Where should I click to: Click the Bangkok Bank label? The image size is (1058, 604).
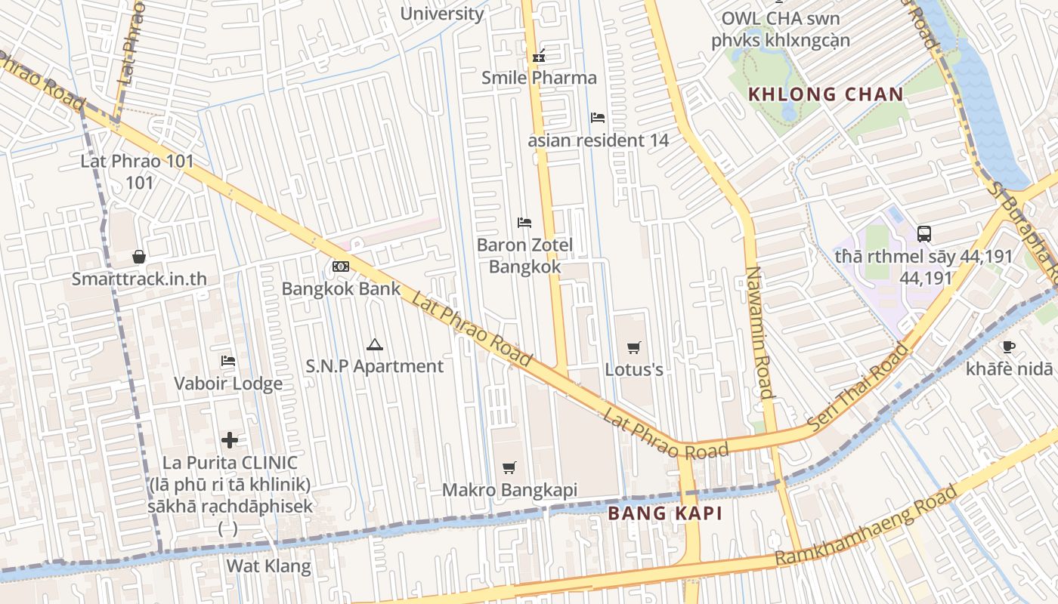click(x=341, y=288)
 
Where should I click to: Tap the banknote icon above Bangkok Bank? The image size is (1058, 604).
click(x=341, y=267)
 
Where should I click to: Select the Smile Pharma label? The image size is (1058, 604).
click(x=539, y=78)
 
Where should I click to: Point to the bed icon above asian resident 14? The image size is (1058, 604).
click(x=597, y=118)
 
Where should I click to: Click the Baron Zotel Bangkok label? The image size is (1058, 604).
click(x=524, y=256)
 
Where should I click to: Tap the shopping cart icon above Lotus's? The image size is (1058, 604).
click(x=634, y=347)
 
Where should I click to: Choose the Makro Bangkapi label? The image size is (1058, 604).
click(x=509, y=490)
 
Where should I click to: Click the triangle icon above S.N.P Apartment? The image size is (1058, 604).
click(x=374, y=345)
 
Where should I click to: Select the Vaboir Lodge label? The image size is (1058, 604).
click(x=228, y=384)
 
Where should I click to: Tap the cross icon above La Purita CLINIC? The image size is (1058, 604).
click(x=230, y=440)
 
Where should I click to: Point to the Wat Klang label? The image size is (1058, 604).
click(x=269, y=566)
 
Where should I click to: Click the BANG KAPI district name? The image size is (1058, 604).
click(x=665, y=514)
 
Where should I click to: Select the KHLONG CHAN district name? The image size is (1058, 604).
click(x=825, y=94)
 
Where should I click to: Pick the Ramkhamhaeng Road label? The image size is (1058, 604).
click(x=866, y=527)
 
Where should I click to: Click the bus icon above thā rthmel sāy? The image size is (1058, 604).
click(x=923, y=234)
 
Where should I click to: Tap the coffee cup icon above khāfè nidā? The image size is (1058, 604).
click(x=1008, y=347)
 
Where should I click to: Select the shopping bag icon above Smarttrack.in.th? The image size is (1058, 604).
click(x=139, y=257)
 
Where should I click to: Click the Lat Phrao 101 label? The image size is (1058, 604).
click(x=138, y=162)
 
